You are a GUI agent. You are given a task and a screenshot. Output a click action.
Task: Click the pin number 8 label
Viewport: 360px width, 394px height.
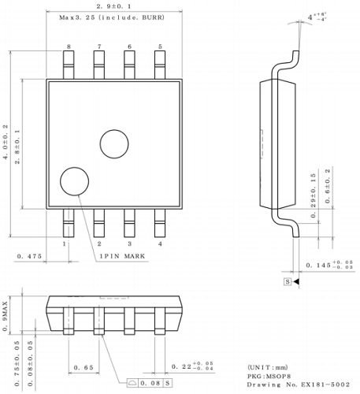click(x=69, y=47)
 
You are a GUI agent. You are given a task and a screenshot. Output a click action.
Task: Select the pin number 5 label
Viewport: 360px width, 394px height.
click(x=160, y=47)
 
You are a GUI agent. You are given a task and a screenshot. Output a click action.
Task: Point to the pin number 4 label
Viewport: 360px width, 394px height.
click(x=160, y=244)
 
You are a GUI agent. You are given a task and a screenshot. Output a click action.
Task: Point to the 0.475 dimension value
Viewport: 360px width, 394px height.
click(x=28, y=256)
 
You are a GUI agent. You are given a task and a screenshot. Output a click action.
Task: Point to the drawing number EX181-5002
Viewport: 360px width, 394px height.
click(x=295, y=385)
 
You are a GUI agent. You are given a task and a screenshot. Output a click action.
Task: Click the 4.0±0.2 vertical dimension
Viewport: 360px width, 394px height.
click(x=6, y=143)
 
